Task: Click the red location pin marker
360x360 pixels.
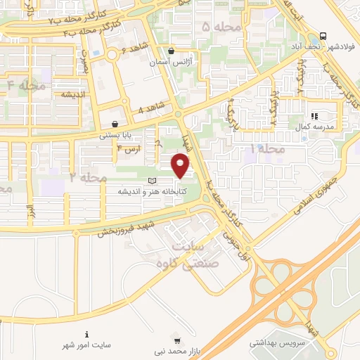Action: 181,166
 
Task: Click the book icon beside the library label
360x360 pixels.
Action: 153,181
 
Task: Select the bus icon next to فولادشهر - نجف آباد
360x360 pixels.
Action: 322,37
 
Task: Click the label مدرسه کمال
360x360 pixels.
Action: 323,127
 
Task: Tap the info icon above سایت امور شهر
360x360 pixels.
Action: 86,334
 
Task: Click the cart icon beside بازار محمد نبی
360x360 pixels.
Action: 186,339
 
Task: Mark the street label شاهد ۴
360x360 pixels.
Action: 150,108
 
